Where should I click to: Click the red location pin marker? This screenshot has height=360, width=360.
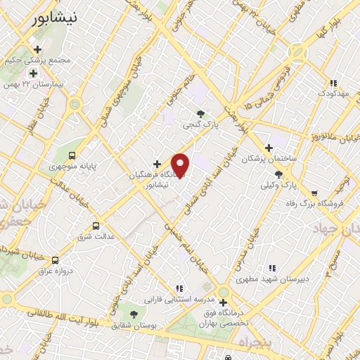[x=181, y=165]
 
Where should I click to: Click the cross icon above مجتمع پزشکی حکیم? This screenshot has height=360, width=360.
[x=37, y=49]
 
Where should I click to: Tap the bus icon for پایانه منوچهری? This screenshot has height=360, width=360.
[x=71, y=155]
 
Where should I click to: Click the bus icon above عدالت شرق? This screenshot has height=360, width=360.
[x=96, y=226]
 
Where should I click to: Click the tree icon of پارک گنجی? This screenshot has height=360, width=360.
[x=202, y=114]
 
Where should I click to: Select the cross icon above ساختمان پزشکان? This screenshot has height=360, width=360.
[x=269, y=148]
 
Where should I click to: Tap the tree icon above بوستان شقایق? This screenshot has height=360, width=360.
[x=134, y=314]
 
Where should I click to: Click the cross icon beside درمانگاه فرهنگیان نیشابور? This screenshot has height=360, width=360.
[x=157, y=164]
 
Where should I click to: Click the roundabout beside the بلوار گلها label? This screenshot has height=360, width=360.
[x=297, y=52]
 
